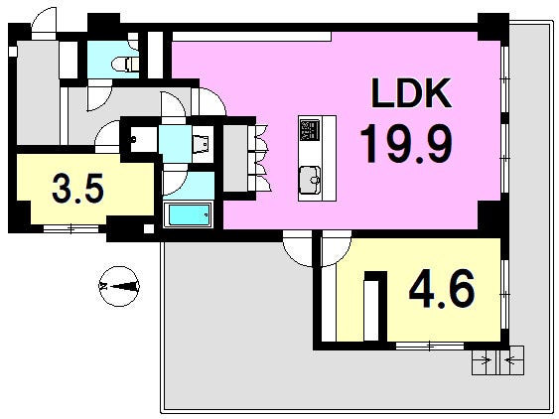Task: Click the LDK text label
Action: pyautogui.click(x=411, y=93)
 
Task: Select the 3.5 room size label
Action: pyautogui.click(x=77, y=189)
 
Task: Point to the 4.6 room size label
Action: pyautogui.click(x=442, y=289)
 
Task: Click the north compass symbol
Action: pyautogui.click(x=119, y=286)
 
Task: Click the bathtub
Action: pyautogui.click(x=189, y=214)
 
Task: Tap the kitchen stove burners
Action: pyautogui.click(x=310, y=130)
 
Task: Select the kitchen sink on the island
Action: pyautogui.click(x=310, y=180)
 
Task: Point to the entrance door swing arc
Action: pyautogui.click(x=45, y=22)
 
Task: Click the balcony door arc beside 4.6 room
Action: pyautogui.click(x=298, y=249)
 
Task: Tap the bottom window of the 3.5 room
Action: pyautogui.click(x=70, y=228)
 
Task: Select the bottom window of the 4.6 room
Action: pyautogui.click(x=430, y=346)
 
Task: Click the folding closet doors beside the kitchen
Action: pyautogui.click(x=263, y=157)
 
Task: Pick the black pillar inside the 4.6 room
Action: pyautogui.click(x=375, y=307)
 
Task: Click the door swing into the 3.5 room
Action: pyautogui.click(x=107, y=133)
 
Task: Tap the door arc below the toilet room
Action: pyautogui.click(x=99, y=95)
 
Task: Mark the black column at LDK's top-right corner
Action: pyautogui.click(x=493, y=28)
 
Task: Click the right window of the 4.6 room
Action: pyautogui.click(x=504, y=294)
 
